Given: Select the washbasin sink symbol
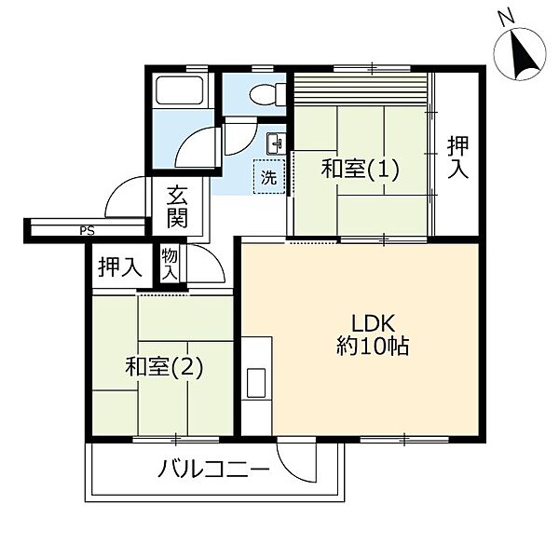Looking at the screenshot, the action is (x=277, y=143).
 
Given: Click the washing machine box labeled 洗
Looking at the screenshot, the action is (x=269, y=177).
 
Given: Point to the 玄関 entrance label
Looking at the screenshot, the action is (x=177, y=207).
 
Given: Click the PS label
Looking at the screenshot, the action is (x=87, y=231).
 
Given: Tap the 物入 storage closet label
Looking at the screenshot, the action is (x=170, y=265).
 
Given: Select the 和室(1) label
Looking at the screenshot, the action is (x=360, y=169).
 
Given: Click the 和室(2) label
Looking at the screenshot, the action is (x=164, y=367).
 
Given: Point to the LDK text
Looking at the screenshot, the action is (x=374, y=323).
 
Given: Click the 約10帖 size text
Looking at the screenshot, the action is (x=373, y=346).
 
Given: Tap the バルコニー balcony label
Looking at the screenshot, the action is (x=213, y=469).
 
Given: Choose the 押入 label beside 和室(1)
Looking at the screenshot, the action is (x=457, y=157).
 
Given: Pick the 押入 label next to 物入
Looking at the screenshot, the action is (x=120, y=267).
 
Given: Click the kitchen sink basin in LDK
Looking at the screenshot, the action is (x=256, y=383).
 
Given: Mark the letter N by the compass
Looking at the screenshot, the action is (x=507, y=19).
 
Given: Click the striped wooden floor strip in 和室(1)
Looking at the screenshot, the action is (x=360, y=89).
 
